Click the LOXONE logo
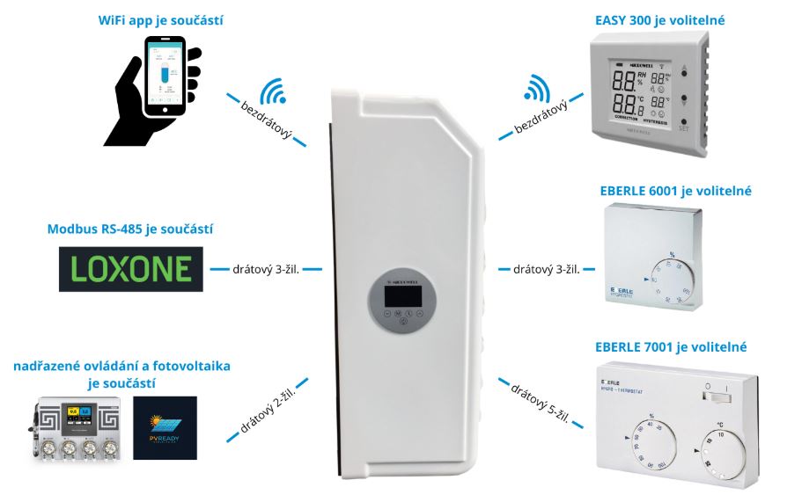[x=129, y=269]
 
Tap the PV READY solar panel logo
[x=165, y=426]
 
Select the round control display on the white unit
[x=401, y=302]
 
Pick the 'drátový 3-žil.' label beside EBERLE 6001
[x=546, y=269]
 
